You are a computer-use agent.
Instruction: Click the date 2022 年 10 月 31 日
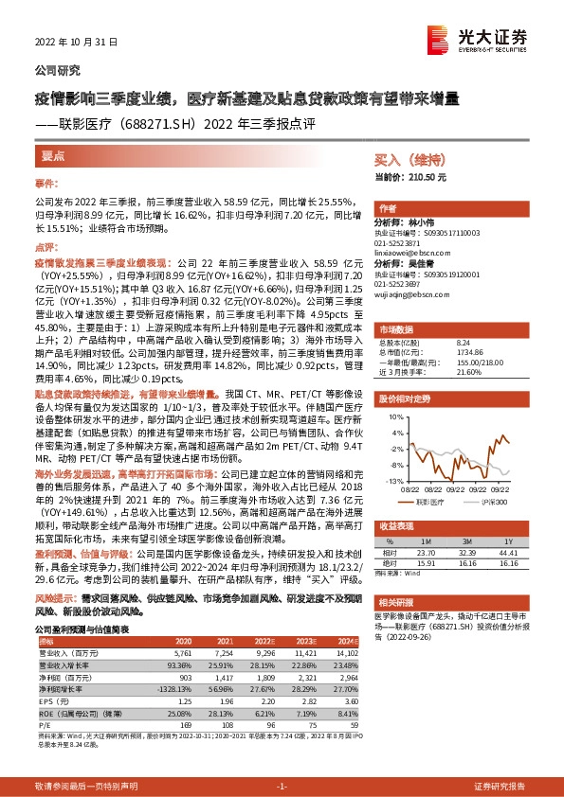(70, 41)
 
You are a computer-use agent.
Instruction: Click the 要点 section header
(53, 156)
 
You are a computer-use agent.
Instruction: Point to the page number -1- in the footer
(282, 760)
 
